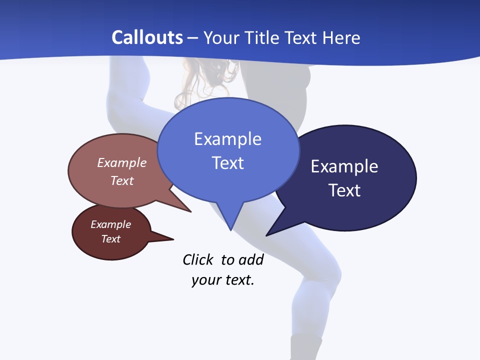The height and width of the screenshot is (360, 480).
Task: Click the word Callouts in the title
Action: click(x=147, y=38)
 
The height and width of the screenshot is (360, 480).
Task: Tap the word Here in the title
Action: click(x=342, y=38)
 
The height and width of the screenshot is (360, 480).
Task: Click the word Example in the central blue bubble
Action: click(x=227, y=139)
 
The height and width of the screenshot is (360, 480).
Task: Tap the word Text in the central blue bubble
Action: click(x=227, y=163)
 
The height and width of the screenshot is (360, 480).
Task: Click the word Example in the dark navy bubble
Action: click(x=344, y=166)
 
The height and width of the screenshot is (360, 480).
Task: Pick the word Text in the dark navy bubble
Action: click(x=344, y=190)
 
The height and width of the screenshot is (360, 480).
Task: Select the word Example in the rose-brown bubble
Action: click(x=122, y=163)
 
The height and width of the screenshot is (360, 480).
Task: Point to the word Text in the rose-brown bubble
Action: click(x=122, y=180)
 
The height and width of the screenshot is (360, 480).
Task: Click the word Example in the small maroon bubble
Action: click(x=110, y=224)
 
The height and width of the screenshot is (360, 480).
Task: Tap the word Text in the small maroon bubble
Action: click(x=110, y=239)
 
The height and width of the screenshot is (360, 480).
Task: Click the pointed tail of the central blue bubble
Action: click(x=230, y=225)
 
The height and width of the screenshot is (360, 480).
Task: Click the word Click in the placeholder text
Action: click(x=198, y=260)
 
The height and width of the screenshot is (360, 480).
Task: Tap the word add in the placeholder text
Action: click(x=251, y=260)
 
